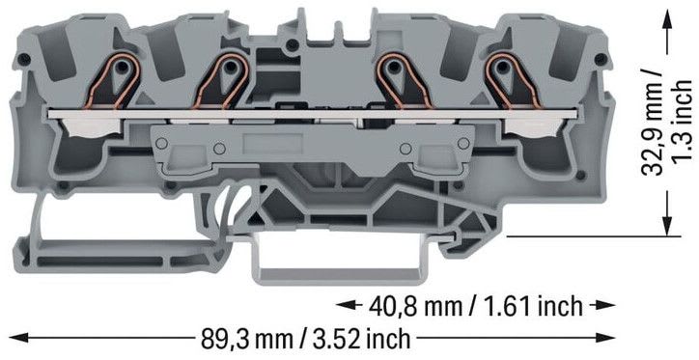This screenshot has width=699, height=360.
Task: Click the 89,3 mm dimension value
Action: [x=247, y=339]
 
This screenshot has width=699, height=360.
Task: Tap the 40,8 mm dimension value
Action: [x=415, y=306]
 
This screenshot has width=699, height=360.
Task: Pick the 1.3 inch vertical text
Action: [x=682, y=122]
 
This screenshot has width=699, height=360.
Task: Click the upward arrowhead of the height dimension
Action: [x=667, y=20]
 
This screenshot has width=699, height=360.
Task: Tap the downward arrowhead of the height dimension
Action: [x=667, y=224]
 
